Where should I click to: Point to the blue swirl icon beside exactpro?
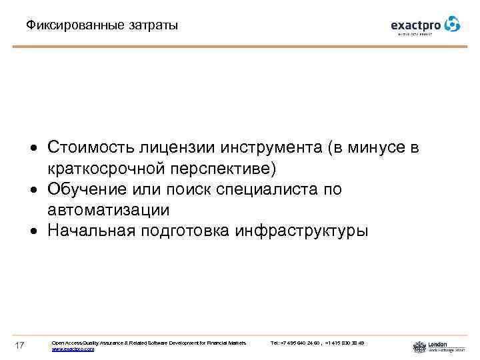(x=453, y=24)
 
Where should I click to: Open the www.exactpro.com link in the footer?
(x=73, y=349)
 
